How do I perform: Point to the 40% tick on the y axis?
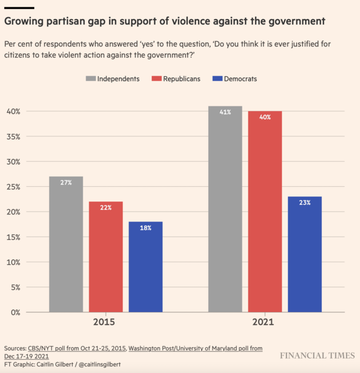(x=14, y=111)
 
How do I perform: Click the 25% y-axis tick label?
(x=14, y=187)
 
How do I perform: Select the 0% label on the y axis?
(x=16, y=312)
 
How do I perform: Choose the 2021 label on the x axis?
(x=265, y=323)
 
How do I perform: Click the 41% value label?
(x=225, y=112)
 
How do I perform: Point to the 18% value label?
(x=145, y=228)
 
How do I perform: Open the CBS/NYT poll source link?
(x=77, y=348)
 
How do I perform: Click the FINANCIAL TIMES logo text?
(x=317, y=356)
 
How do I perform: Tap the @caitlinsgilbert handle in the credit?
(x=100, y=364)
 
